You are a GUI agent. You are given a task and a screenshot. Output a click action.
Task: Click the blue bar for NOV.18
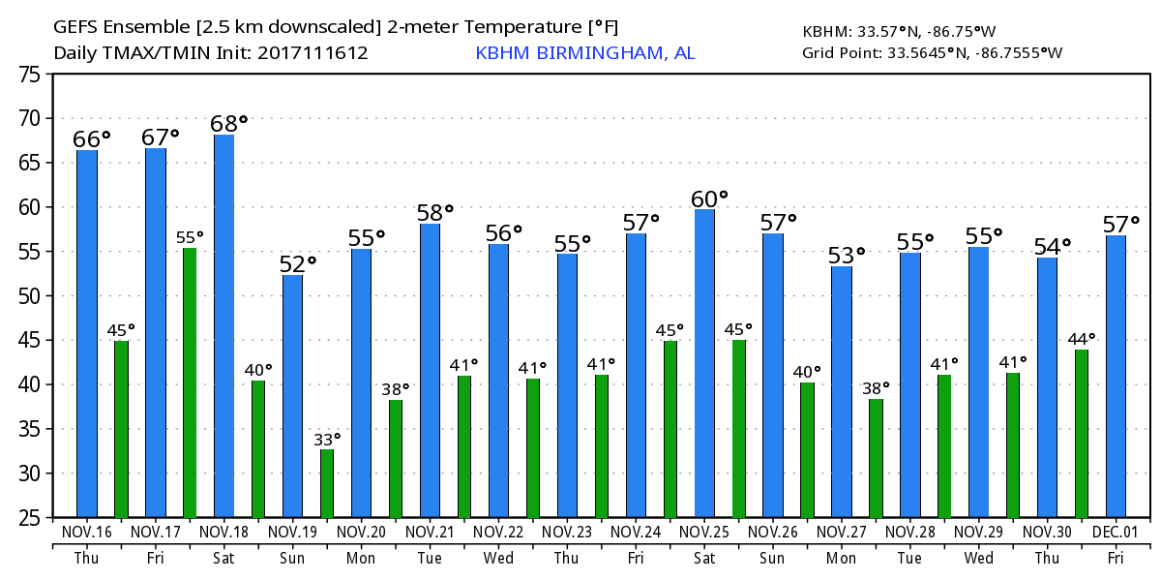(x=223, y=325)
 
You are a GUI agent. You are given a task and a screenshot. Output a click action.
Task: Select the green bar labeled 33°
(x=327, y=483)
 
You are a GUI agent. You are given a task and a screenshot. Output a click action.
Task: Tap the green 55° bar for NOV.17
(x=190, y=382)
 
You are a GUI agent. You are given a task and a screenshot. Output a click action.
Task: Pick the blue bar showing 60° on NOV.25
(x=704, y=363)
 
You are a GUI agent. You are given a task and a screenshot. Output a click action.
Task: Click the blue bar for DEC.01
(x=1116, y=377)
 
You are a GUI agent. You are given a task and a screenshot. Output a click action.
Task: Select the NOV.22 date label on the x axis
(x=499, y=533)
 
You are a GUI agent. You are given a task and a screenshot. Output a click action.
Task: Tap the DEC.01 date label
(x=1116, y=533)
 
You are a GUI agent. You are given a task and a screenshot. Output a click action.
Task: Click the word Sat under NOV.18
(x=224, y=559)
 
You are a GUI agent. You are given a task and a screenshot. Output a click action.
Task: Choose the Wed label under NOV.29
(x=979, y=559)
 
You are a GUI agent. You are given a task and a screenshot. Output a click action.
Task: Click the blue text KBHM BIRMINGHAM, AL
(x=584, y=53)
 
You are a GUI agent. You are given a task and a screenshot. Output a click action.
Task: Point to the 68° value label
(x=228, y=124)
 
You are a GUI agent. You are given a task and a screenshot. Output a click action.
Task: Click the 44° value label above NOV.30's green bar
(x=1082, y=339)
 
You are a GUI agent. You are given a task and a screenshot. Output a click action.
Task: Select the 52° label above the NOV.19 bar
(x=297, y=263)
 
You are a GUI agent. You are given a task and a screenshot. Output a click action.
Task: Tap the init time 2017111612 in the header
(x=313, y=53)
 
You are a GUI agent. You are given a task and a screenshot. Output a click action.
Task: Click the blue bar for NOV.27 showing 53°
(x=842, y=391)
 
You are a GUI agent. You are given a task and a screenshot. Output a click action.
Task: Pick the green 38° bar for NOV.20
(x=396, y=459)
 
